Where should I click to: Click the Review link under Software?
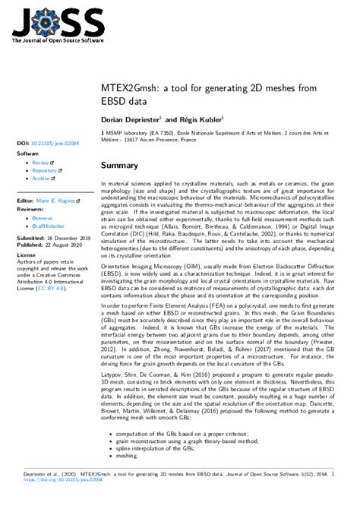click(40, 163)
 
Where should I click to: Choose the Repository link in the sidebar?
click(44, 171)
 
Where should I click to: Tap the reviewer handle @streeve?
click(43, 219)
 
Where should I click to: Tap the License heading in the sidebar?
click(27, 255)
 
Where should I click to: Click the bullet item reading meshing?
click(126, 457)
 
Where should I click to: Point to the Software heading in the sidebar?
click(27, 153)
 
